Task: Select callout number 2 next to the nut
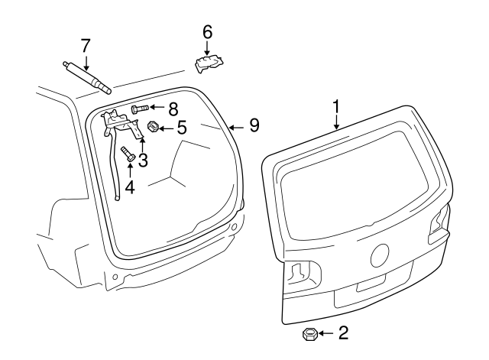[x=343, y=332]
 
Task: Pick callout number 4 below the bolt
[x=129, y=186]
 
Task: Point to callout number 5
[x=181, y=127]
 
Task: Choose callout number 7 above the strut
[x=86, y=45]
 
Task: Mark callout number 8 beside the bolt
[x=173, y=109]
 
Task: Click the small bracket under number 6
[x=209, y=64]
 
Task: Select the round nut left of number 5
[x=152, y=127]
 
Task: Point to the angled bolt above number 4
[x=128, y=153]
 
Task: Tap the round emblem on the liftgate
[x=380, y=254]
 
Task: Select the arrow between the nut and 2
[x=326, y=333]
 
